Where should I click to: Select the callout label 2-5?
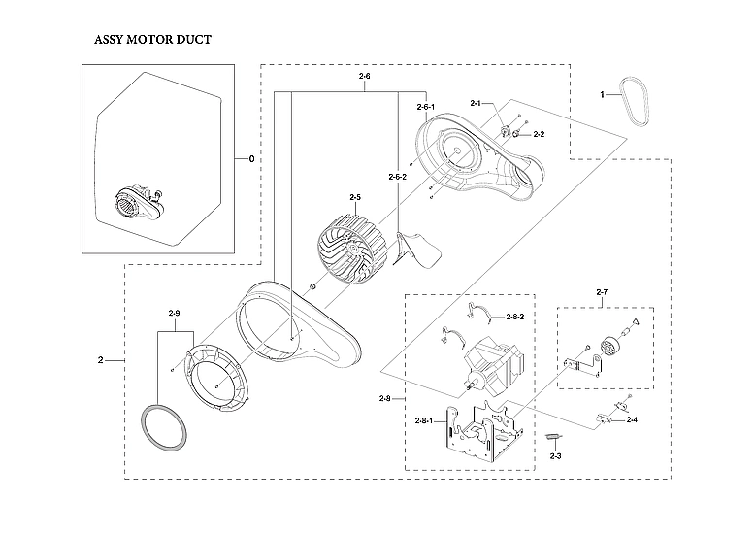(355, 197)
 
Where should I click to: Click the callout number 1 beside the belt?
(602, 95)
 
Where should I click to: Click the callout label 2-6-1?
(425, 106)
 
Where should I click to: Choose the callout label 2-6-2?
(397, 177)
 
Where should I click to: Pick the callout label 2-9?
(174, 313)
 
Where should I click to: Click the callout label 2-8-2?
(516, 318)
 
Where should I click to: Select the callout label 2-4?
(632, 419)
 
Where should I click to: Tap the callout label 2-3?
(556, 455)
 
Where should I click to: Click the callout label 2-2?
(539, 134)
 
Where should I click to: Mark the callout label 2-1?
(476, 103)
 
